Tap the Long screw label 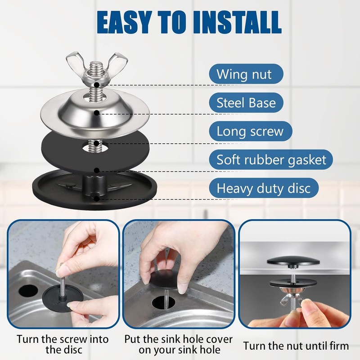click(250, 131)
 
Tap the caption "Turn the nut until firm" click(296, 346)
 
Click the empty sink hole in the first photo click(27, 290)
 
